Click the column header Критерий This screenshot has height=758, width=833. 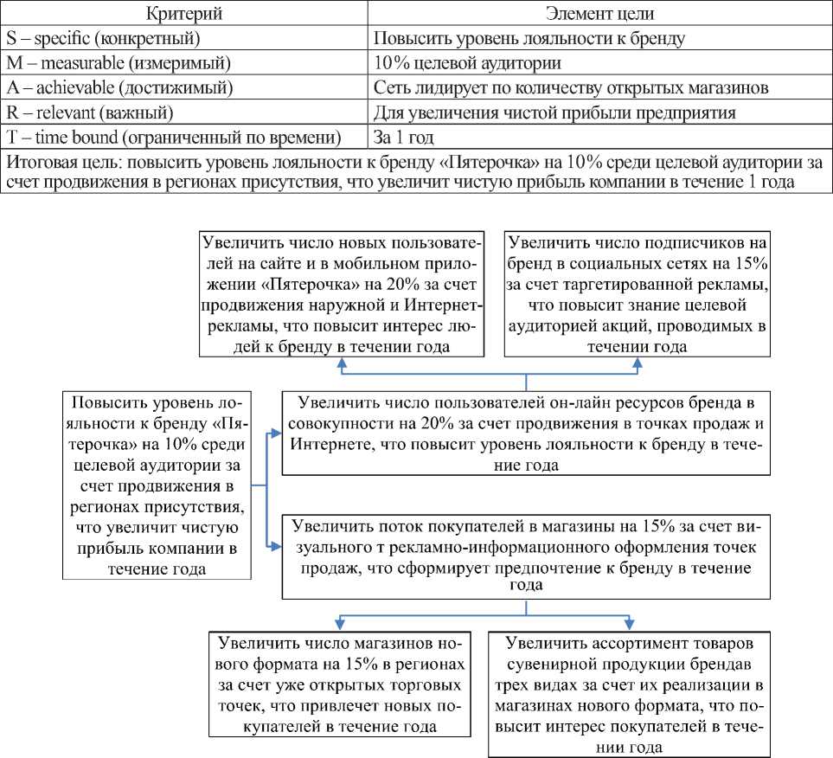coord(185,15)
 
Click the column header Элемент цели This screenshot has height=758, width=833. coord(599,15)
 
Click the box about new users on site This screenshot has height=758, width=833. coord(342,293)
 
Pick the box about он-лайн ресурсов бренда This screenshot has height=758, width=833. coord(526,434)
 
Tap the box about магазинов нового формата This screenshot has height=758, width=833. coord(341,684)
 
